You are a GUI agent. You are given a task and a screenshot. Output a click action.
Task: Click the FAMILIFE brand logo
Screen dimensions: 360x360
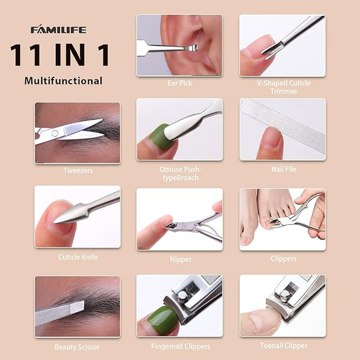[59, 29]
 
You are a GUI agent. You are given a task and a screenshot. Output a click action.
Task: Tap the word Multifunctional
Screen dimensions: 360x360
[64, 81]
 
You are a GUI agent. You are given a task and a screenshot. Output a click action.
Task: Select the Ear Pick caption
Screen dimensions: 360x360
[179, 83]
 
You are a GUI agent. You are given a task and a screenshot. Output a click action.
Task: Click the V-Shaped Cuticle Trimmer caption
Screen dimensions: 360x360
[284, 87]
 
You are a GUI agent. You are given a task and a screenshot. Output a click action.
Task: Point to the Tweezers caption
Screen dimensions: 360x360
[78, 170]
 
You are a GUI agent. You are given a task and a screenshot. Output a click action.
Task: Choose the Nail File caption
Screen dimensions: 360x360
[284, 169]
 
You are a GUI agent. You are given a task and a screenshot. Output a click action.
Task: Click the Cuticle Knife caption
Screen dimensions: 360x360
[78, 257]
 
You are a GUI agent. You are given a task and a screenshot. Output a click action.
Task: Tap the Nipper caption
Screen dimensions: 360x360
[181, 259]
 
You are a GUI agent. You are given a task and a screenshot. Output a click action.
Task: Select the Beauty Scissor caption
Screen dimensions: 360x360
[77, 347]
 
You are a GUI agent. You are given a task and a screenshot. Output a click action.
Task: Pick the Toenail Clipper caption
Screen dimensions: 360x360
[284, 346]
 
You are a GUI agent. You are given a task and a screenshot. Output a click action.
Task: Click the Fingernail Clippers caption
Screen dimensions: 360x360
[181, 346]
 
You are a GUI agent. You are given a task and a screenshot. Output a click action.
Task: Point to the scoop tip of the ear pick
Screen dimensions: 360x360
[194, 48]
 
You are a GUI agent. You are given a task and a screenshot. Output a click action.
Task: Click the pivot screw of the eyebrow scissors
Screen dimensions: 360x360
[55, 133]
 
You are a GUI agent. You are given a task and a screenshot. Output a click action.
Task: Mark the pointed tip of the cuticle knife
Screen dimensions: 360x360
[55, 221]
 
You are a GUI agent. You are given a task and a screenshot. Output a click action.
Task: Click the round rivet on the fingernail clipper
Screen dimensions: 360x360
[182, 296]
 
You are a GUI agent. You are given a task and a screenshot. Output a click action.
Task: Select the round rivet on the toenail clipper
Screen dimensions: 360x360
[285, 295]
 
